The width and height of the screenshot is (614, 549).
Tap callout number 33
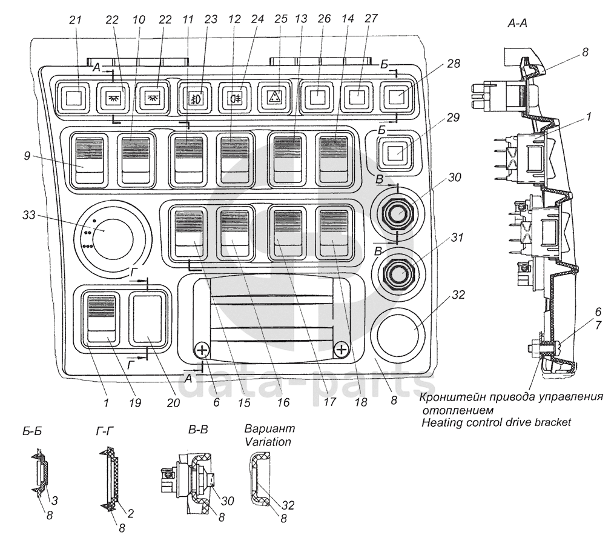click(x=28, y=215)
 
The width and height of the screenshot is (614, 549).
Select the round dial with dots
click(x=111, y=238)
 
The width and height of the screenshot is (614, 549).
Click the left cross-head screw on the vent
click(x=202, y=350)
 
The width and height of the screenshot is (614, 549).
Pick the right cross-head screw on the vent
click(x=342, y=349)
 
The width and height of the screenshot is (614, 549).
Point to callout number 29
click(x=453, y=117)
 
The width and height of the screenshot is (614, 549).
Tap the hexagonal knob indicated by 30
click(x=397, y=213)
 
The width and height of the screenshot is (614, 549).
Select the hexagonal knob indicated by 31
click(x=397, y=271)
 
